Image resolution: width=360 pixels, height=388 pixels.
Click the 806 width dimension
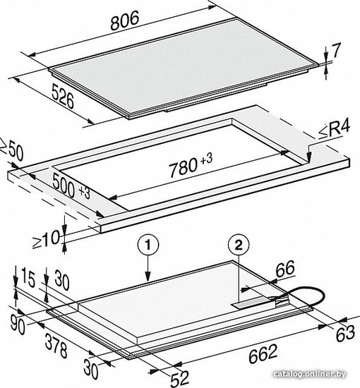point(124,20)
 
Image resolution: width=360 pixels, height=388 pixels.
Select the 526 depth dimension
point(63,96)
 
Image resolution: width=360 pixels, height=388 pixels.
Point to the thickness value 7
point(336,51)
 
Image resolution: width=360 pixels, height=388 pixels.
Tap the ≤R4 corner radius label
point(334,128)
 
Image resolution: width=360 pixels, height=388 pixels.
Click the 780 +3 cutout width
point(190,164)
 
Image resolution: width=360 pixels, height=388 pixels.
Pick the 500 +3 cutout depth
point(71,186)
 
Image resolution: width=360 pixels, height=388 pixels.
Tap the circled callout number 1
point(148,245)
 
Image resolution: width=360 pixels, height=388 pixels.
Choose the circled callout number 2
point(239,245)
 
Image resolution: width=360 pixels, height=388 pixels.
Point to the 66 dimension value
point(285,269)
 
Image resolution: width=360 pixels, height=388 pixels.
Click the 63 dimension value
point(345,333)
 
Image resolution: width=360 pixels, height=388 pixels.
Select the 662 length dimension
point(263,354)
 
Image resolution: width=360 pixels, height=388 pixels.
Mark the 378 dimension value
point(56,346)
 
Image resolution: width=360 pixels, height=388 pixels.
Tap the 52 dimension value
point(180,378)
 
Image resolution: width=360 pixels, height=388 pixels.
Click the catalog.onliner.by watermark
point(310,374)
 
